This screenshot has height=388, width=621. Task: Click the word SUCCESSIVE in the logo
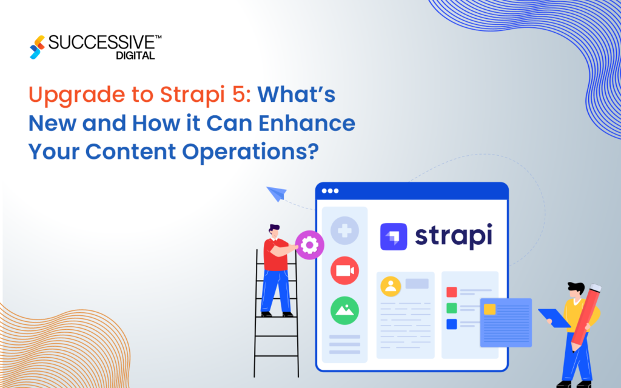point(102,43)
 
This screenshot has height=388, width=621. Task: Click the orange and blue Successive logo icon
point(38,47)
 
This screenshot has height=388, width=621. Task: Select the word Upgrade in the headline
point(64,96)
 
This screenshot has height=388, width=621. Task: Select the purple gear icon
point(309,245)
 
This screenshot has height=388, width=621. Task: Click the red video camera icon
point(344,270)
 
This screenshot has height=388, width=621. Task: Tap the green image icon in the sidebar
point(344,310)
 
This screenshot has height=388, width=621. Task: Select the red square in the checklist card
point(451,292)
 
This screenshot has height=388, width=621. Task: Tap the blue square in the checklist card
point(451,324)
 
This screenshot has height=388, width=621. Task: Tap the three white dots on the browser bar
point(331,191)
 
